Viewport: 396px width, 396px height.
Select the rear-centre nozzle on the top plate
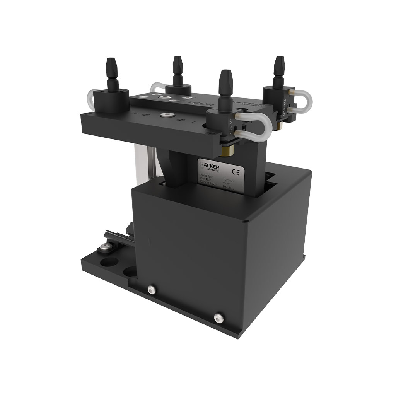pyautogui.click(x=177, y=70)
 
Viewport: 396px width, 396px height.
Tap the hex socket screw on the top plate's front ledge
pyautogui.click(x=167, y=115)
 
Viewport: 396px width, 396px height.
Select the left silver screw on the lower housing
pyautogui.click(x=151, y=289)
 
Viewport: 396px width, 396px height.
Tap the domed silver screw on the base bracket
pyautogui.click(x=104, y=247)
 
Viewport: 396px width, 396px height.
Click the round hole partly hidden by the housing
pyautogui.click(x=130, y=271)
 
